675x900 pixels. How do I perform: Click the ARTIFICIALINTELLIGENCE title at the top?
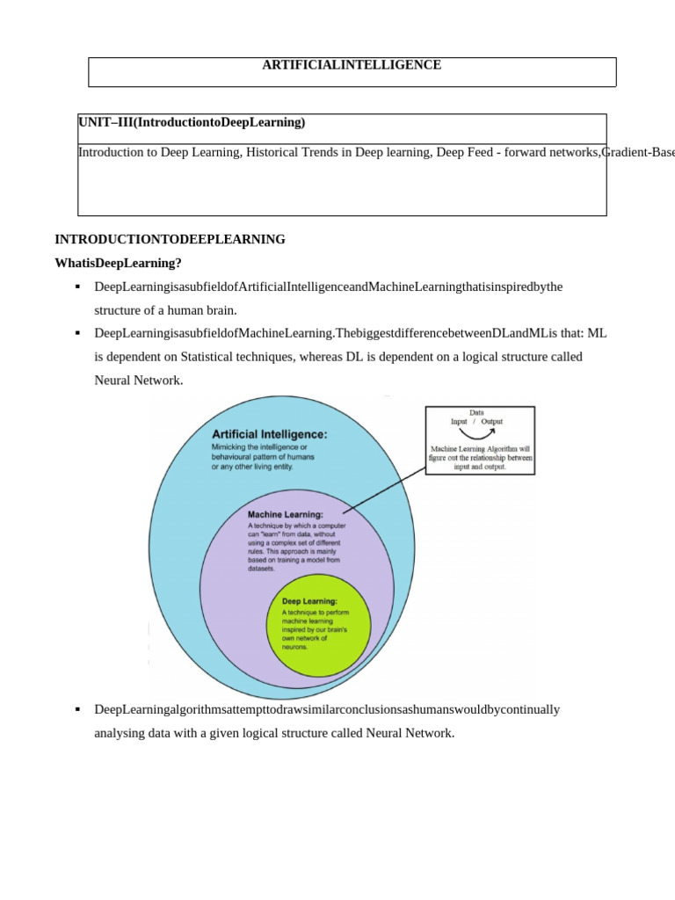[x=352, y=65]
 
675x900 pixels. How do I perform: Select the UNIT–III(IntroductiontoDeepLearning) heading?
[x=192, y=122]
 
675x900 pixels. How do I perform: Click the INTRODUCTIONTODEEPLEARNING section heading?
[x=170, y=239]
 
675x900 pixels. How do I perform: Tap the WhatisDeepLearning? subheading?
[x=118, y=263]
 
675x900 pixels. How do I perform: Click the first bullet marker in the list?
[x=78, y=287]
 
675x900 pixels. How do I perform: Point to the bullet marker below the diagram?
[x=78, y=709]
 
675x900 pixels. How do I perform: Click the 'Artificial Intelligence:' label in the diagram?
[x=269, y=434]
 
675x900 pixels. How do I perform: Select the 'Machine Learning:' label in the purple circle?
[x=285, y=514]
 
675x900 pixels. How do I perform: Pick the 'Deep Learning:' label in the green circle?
[x=309, y=601]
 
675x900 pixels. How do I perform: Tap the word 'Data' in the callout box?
[x=476, y=412]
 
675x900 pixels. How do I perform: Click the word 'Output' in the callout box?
[x=492, y=422]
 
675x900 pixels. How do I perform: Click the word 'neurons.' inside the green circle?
[x=295, y=647]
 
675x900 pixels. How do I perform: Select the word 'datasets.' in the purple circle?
[x=262, y=569]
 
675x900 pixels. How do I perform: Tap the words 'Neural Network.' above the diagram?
[x=139, y=381]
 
